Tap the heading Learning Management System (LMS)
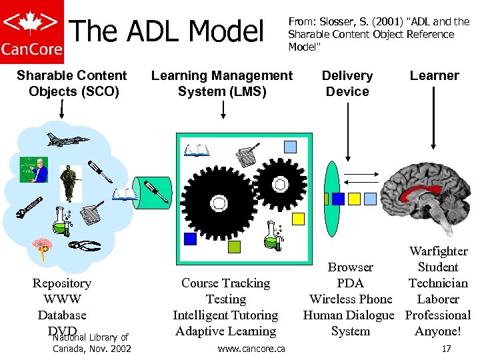(221, 83)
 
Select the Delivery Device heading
(347, 83)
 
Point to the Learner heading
(434, 75)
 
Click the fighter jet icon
(67, 139)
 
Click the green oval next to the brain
(333, 190)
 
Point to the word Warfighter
(438, 251)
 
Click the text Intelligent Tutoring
(225, 315)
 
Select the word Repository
(62, 283)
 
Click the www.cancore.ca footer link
(251, 349)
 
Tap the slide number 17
(446, 349)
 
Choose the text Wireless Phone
(351, 299)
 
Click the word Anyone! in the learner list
(438, 331)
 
